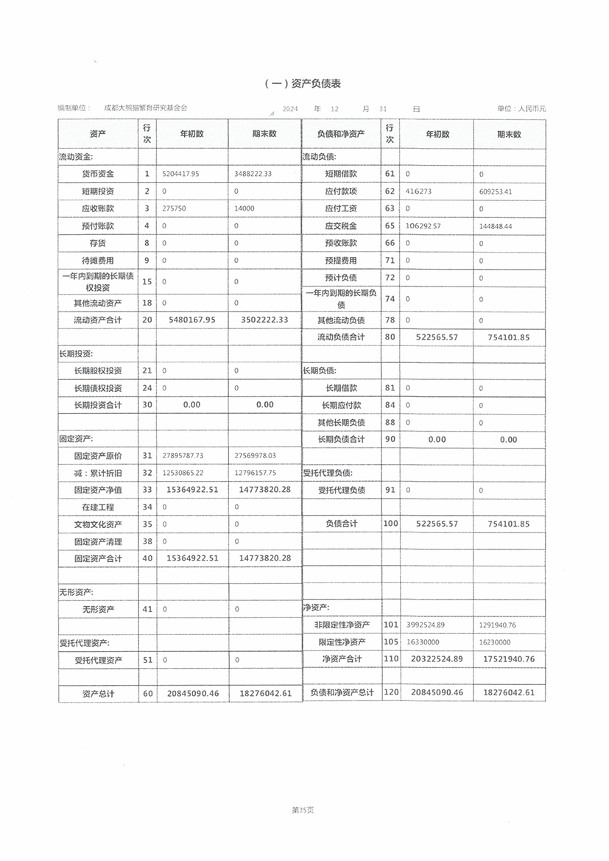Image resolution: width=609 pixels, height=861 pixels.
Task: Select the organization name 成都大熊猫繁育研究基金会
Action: pos(146,108)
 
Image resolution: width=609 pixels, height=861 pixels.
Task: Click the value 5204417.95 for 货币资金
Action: pos(180,174)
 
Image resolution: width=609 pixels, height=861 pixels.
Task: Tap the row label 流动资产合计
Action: pos(98,320)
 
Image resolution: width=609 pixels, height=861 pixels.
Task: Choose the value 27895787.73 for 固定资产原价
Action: pos(182,456)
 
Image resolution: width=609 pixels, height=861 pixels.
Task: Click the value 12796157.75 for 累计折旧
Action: pos(256,473)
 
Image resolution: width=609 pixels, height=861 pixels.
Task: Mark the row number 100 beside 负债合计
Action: pos(390,524)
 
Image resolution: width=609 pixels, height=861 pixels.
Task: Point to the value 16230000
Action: pos(495,642)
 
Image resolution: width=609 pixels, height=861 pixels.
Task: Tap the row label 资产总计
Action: pos(98,694)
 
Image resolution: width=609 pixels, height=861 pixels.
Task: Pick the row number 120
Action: pos(390,693)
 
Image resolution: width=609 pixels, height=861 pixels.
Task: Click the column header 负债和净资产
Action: pos(341,134)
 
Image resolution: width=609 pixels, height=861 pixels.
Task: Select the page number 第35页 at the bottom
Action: pos(303,810)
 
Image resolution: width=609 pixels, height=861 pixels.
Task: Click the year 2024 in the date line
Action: pos(289,109)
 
